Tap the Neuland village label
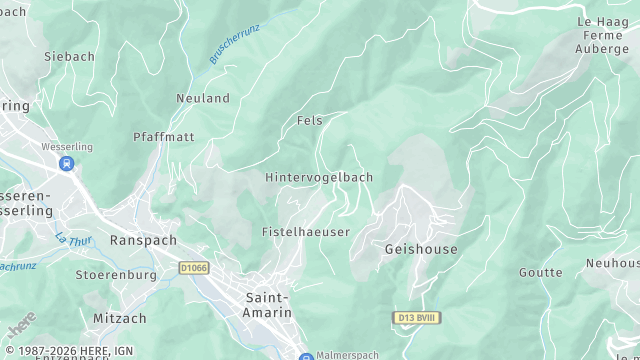pyautogui.click(x=203, y=98)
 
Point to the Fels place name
pyautogui.click(x=310, y=120)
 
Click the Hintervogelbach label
pyautogui.click(x=319, y=177)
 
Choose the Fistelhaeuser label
pyautogui.click(x=305, y=231)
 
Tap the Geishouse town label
pyautogui.click(x=421, y=249)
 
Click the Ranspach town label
pyautogui.click(x=143, y=241)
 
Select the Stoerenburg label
pyautogui.click(x=116, y=274)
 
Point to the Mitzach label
pyautogui.click(x=120, y=318)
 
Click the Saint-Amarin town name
pyautogui.click(x=269, y=305)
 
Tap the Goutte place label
pyautogui.click(x=540, y=272)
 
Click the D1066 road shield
pyautogui.click(x=194, y=268)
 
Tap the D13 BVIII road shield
pyautogui.click(x=414, y=317)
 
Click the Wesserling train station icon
pyautogui.click(x=66, y=164)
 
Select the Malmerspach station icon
pyautogui.click(x=306, y=356)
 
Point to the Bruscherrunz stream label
pyautogui.click(x=234, y=45)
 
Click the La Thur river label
pyautogui.click(x=72, y=240)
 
